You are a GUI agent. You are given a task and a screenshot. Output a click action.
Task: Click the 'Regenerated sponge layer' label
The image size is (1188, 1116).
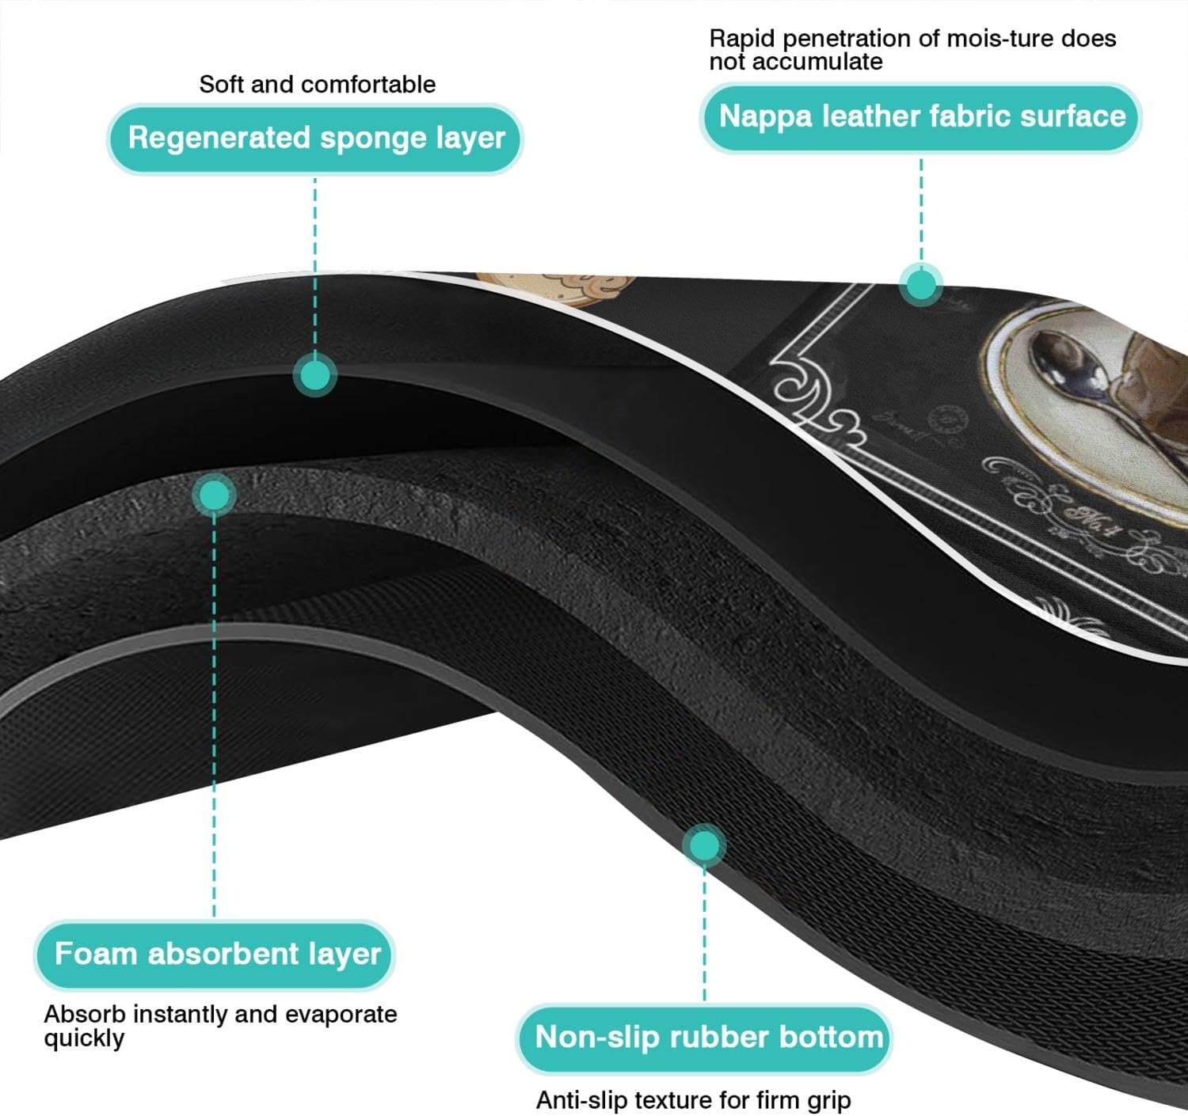click(x=315, y=139)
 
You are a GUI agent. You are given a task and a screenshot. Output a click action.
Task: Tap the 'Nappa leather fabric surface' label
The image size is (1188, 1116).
click(x=920, y=117)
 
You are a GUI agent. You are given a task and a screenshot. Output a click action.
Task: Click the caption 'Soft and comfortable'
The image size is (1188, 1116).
click(x=317, y=85)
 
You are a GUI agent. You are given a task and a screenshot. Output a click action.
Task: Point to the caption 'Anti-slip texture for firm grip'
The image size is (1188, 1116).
click(x=693, y=1100)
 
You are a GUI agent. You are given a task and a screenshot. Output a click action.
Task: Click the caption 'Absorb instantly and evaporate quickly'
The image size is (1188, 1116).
click(x=220, y=1026)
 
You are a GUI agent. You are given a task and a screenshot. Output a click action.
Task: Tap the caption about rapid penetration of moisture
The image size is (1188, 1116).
click(x=912, y=50)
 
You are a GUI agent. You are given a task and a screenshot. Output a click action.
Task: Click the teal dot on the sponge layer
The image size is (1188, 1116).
click(x=315, y=375)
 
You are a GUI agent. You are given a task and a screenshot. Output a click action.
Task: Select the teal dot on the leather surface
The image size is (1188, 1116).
click(x=921, y=285)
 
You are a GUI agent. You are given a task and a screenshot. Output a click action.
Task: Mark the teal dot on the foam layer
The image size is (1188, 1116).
click(x=214, y=495)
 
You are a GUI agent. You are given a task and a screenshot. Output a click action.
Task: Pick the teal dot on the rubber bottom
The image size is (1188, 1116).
click(x=704, y=845)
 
